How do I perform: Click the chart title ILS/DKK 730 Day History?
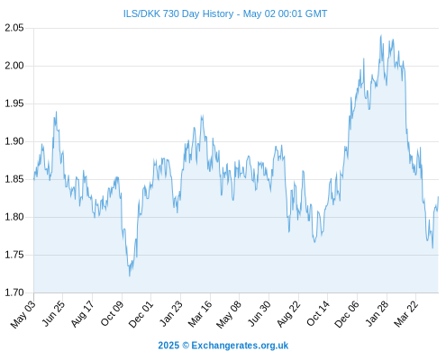click(x=178, y=13)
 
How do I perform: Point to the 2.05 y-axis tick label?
click(x=14, y=28)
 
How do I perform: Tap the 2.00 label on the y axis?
click(x=14, y=66)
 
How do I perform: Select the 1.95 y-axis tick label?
click(x=14, y=103)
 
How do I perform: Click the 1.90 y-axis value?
click(x=14, y=141)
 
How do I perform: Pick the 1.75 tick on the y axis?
click(x=14, y=255)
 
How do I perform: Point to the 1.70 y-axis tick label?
click(x=14, y=292)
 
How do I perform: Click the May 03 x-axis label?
click(x=23, y=314)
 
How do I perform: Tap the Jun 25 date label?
click(x=53, y=313)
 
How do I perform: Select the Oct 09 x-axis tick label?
click(x=112, y=313)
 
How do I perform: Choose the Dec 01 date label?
click(x=141, y=314)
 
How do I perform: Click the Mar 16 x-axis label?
click(x=200, y=313)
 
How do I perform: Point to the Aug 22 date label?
click(x=288, y=313)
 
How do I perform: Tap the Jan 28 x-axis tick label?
click(x=377, y=313)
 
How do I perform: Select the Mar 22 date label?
click(x=406, y=313)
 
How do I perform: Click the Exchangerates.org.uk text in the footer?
click(x=240, y=346)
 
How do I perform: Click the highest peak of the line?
click(x=381, y=35)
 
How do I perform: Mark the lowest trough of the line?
click(x=130, y=275)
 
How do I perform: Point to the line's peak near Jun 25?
click(x=56, y=112)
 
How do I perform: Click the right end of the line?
click(x=438, y=197)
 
